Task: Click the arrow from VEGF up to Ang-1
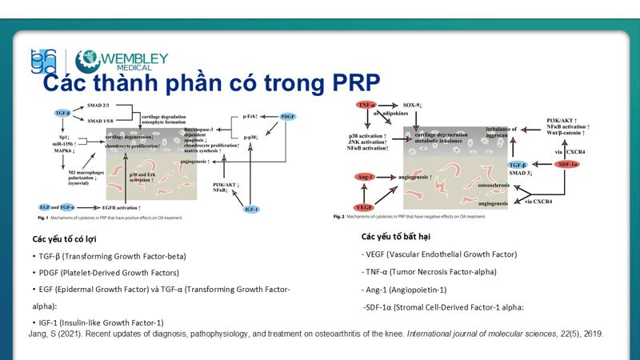(366, 192)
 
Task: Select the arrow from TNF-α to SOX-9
(389, 106)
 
